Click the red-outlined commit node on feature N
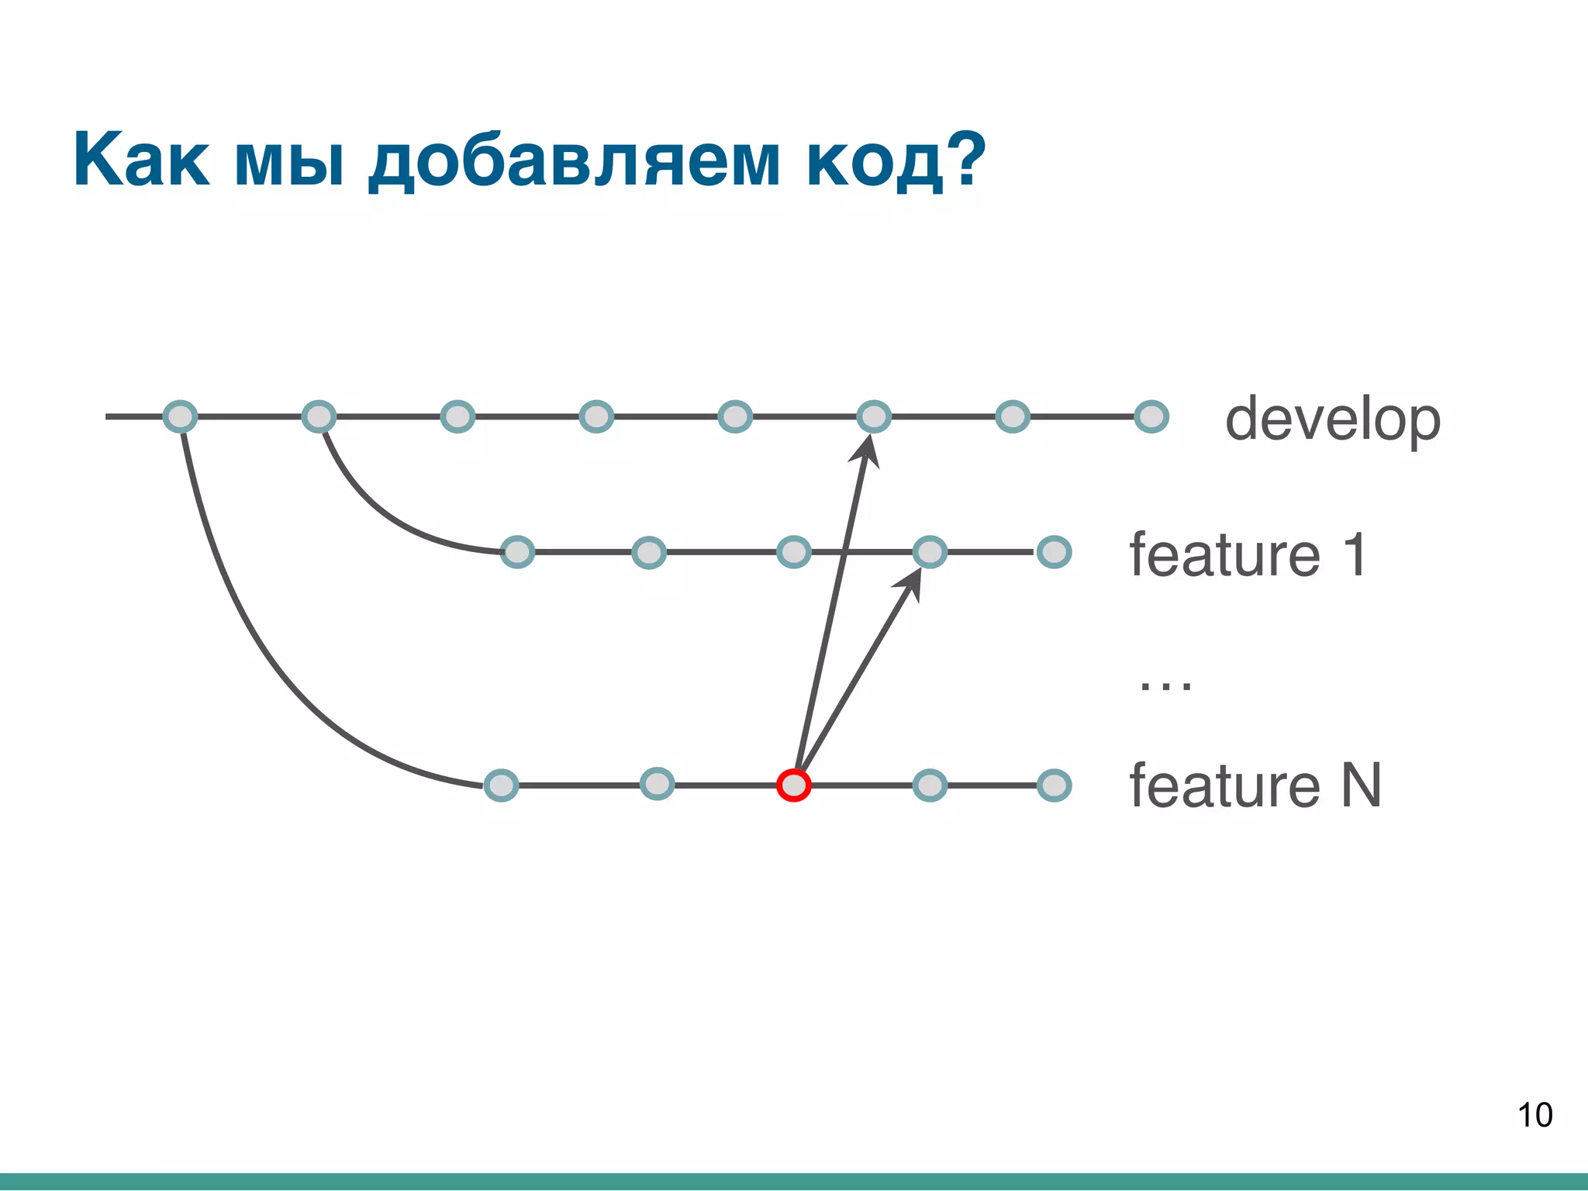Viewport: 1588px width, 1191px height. [x=793, y=785]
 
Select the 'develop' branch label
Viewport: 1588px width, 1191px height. [x=1332, y=419]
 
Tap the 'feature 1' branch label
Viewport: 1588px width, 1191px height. [x=1248, y=555]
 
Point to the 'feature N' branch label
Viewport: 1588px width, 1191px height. [x=1255, y=785]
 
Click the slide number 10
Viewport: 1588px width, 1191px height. [x=1534, y=1115]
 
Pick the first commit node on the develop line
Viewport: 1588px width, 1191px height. [x=180, y=416]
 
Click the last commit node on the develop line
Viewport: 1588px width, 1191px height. [x=1151, y=416]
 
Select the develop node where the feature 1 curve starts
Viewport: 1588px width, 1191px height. [x=319, y=416]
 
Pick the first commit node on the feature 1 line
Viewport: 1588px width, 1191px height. [x=517, y=552]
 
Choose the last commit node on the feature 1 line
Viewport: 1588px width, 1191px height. [x=1054, y=552]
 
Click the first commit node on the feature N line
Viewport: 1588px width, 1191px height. [x=501, y=785]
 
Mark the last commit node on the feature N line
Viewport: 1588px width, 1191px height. [x=1054, y=785]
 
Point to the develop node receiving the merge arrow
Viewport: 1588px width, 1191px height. [x=874, y=416]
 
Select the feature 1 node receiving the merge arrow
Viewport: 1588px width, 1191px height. [x=930, y=552]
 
